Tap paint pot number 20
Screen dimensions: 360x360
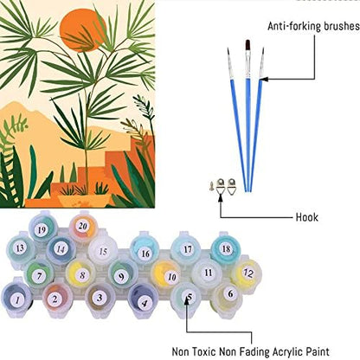pyautogui.click(x=83, y=227)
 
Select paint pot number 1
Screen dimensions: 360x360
pyautogui.click(x=16, y=299)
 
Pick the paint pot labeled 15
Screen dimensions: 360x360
pyautogui.click(x=103, y=252)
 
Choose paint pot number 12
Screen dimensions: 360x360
pyautogui.click(x=247, y=273)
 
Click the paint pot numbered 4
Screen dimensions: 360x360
pyautogui.click(x=144, y=300)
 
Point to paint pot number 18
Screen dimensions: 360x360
pyautogui.click(x=226, y=248)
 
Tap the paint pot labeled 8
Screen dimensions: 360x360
pyautogui.click(x=81, y=274)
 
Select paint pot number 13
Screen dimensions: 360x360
pyautogui.click(x=21, y=248)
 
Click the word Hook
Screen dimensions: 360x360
pyautogui.click(x=307, y=217)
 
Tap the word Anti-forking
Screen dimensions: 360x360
pyautogui.click(x=294, y=26)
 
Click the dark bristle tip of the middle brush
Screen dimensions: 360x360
pyautogui.click(x=247, y=44)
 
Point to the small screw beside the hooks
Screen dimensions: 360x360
pyautogui.click(x=212, y=185)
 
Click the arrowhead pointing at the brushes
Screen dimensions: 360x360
pyautogui.click(x=265, y=79)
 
